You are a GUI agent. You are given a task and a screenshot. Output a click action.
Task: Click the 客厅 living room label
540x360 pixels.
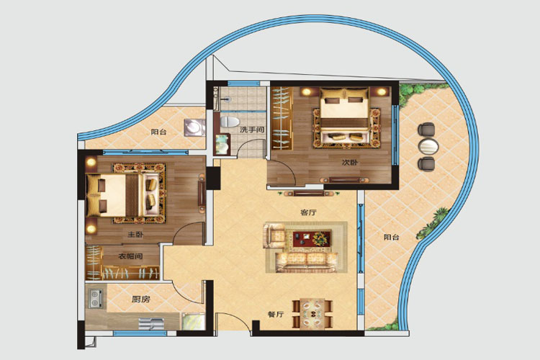click(x=308, y=212)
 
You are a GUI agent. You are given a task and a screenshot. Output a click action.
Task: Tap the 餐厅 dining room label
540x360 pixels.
click(x=276, y=314)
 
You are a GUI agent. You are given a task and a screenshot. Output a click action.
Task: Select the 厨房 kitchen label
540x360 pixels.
click(x=141, y=299)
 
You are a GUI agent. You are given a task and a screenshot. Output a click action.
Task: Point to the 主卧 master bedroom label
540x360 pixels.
click(x=135, y=235)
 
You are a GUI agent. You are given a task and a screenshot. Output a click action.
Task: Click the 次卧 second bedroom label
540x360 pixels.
click(x=349, y=162)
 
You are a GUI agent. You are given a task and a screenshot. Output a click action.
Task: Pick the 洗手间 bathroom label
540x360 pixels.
click(x=252, y=130)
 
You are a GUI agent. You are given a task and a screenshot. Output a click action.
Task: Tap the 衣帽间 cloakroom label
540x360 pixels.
click(x=130, y=256)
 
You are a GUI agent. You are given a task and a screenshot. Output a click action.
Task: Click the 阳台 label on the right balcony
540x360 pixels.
click(x=392, y=237)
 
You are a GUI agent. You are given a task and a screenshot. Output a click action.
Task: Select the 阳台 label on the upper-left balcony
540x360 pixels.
click(x=158, y=132)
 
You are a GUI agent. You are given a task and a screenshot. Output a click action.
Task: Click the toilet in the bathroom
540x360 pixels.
click(x=230, y=122)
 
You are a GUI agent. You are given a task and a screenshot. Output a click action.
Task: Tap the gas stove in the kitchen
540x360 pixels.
click(x=95, y=298)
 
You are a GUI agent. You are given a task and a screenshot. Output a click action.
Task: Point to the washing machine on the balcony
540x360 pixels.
click(x=194, y=128)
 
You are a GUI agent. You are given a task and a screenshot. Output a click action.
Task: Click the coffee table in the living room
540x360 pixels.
click(x=311, y=238)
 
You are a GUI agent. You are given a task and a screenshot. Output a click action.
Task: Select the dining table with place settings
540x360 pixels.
click(x=312, y=313)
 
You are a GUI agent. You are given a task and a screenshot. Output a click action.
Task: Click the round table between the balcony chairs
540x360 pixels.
click(x=428, y=147)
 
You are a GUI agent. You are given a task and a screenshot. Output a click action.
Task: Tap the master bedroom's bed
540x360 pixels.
click(x=122, y=194)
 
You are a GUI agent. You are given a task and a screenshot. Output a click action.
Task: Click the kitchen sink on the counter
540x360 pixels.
click(x=151, y=324)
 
